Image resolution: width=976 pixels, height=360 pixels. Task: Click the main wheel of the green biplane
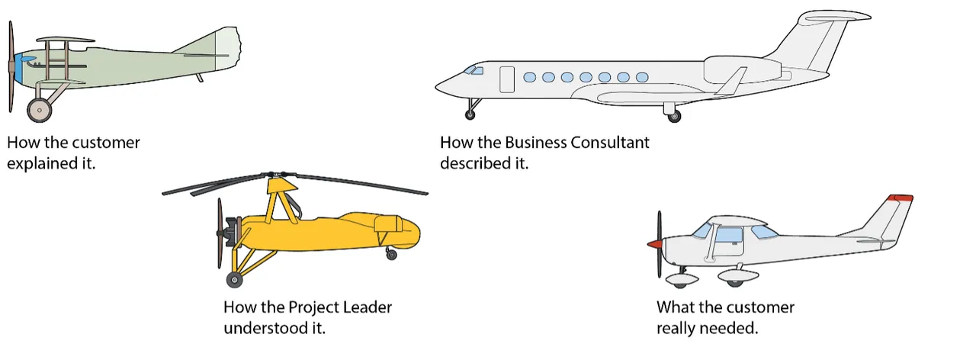pos(40,109)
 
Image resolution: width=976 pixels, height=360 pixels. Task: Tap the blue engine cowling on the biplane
pos(22,67)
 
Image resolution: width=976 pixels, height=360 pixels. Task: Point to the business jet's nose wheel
pos(470,114)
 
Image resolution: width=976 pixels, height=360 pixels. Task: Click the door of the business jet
pos(507,79)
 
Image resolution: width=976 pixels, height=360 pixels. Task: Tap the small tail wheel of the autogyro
pos(392,255)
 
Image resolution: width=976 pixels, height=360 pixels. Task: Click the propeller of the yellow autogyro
pos(220,233)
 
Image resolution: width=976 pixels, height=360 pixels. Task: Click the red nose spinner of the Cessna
pos(653,245)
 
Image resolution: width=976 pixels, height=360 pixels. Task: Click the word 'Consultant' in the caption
pos(610,142)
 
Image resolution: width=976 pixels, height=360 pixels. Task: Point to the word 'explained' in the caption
pos(38,162)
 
